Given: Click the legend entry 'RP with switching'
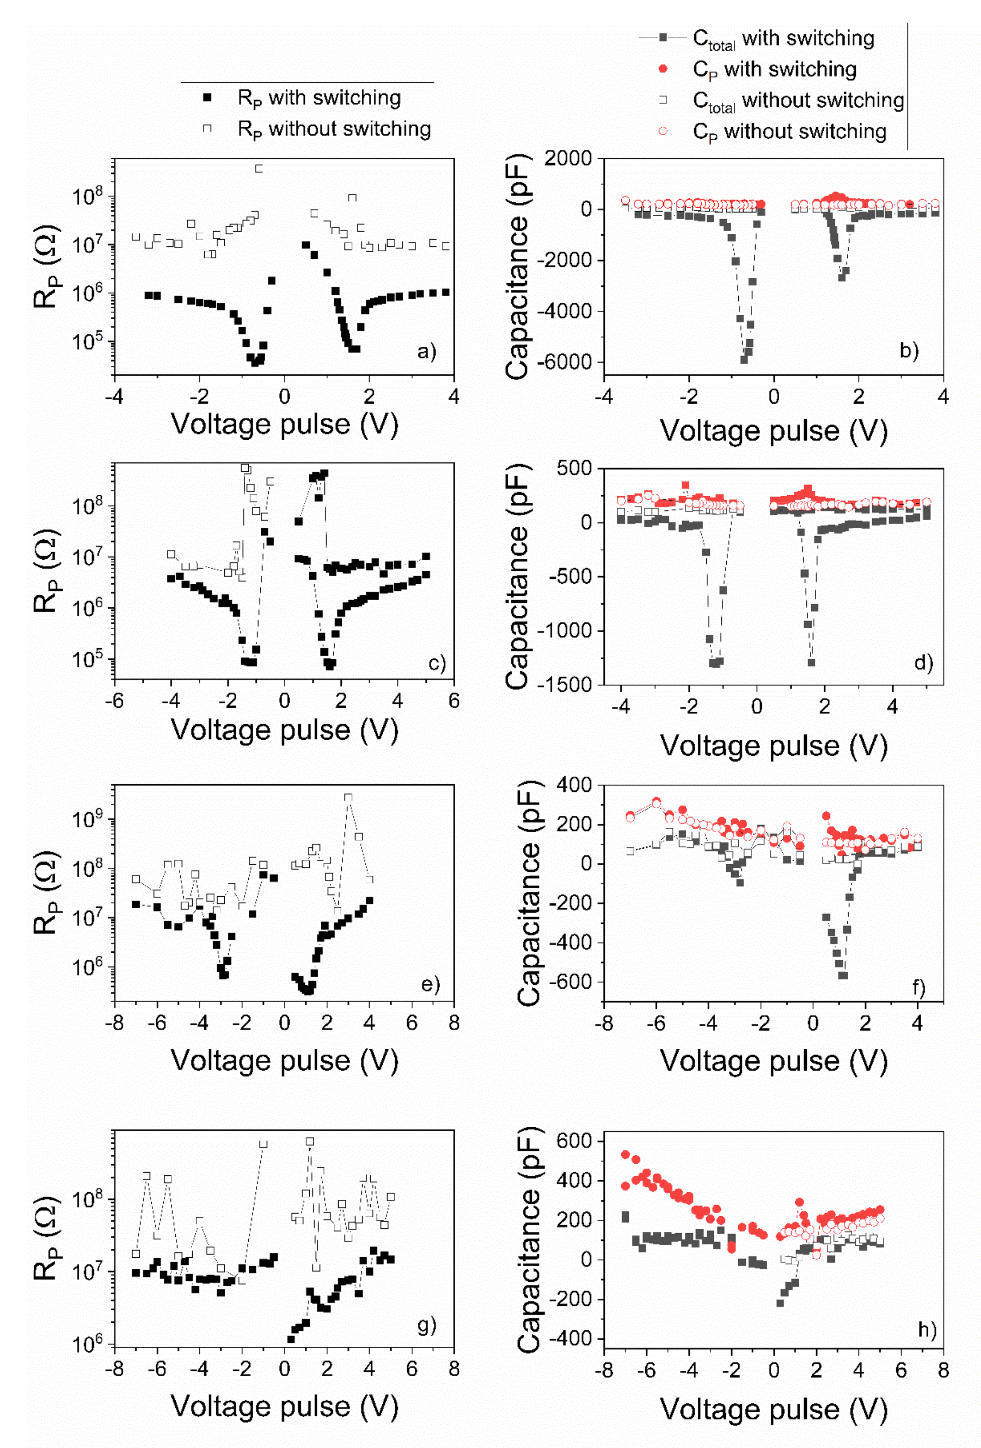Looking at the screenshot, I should (318, 98).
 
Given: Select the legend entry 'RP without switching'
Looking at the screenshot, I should (333, 129).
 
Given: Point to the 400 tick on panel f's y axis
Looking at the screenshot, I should (575, 785).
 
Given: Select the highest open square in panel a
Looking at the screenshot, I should (259, 168).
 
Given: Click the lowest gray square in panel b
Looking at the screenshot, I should (744, 360).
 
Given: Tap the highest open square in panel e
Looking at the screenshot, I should (348, 797).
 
